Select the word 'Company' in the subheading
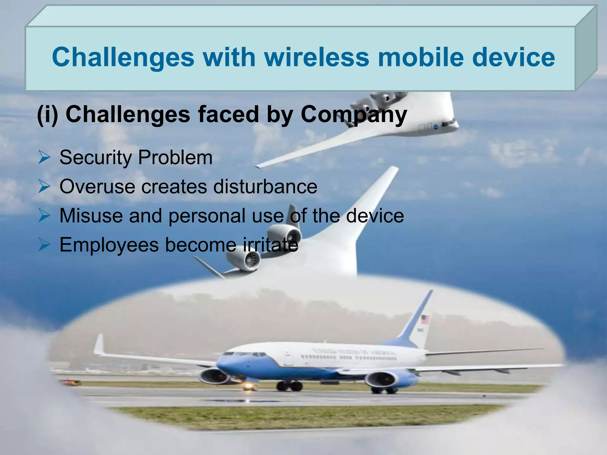tap(354, 115)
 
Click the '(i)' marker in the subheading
tap(47, 115)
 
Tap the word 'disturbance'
tap(265, 187)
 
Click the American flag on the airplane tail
tap(425, 319)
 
